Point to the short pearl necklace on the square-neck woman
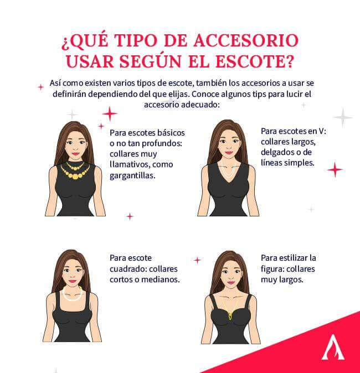[x=72, y=294]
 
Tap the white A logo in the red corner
[x=332, y=347]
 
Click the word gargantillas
[x=133, y=175]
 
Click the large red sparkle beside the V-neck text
[x=335, y=169]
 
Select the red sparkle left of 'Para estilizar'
[x=197, y=260]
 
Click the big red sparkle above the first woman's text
[x=110, y=113]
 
